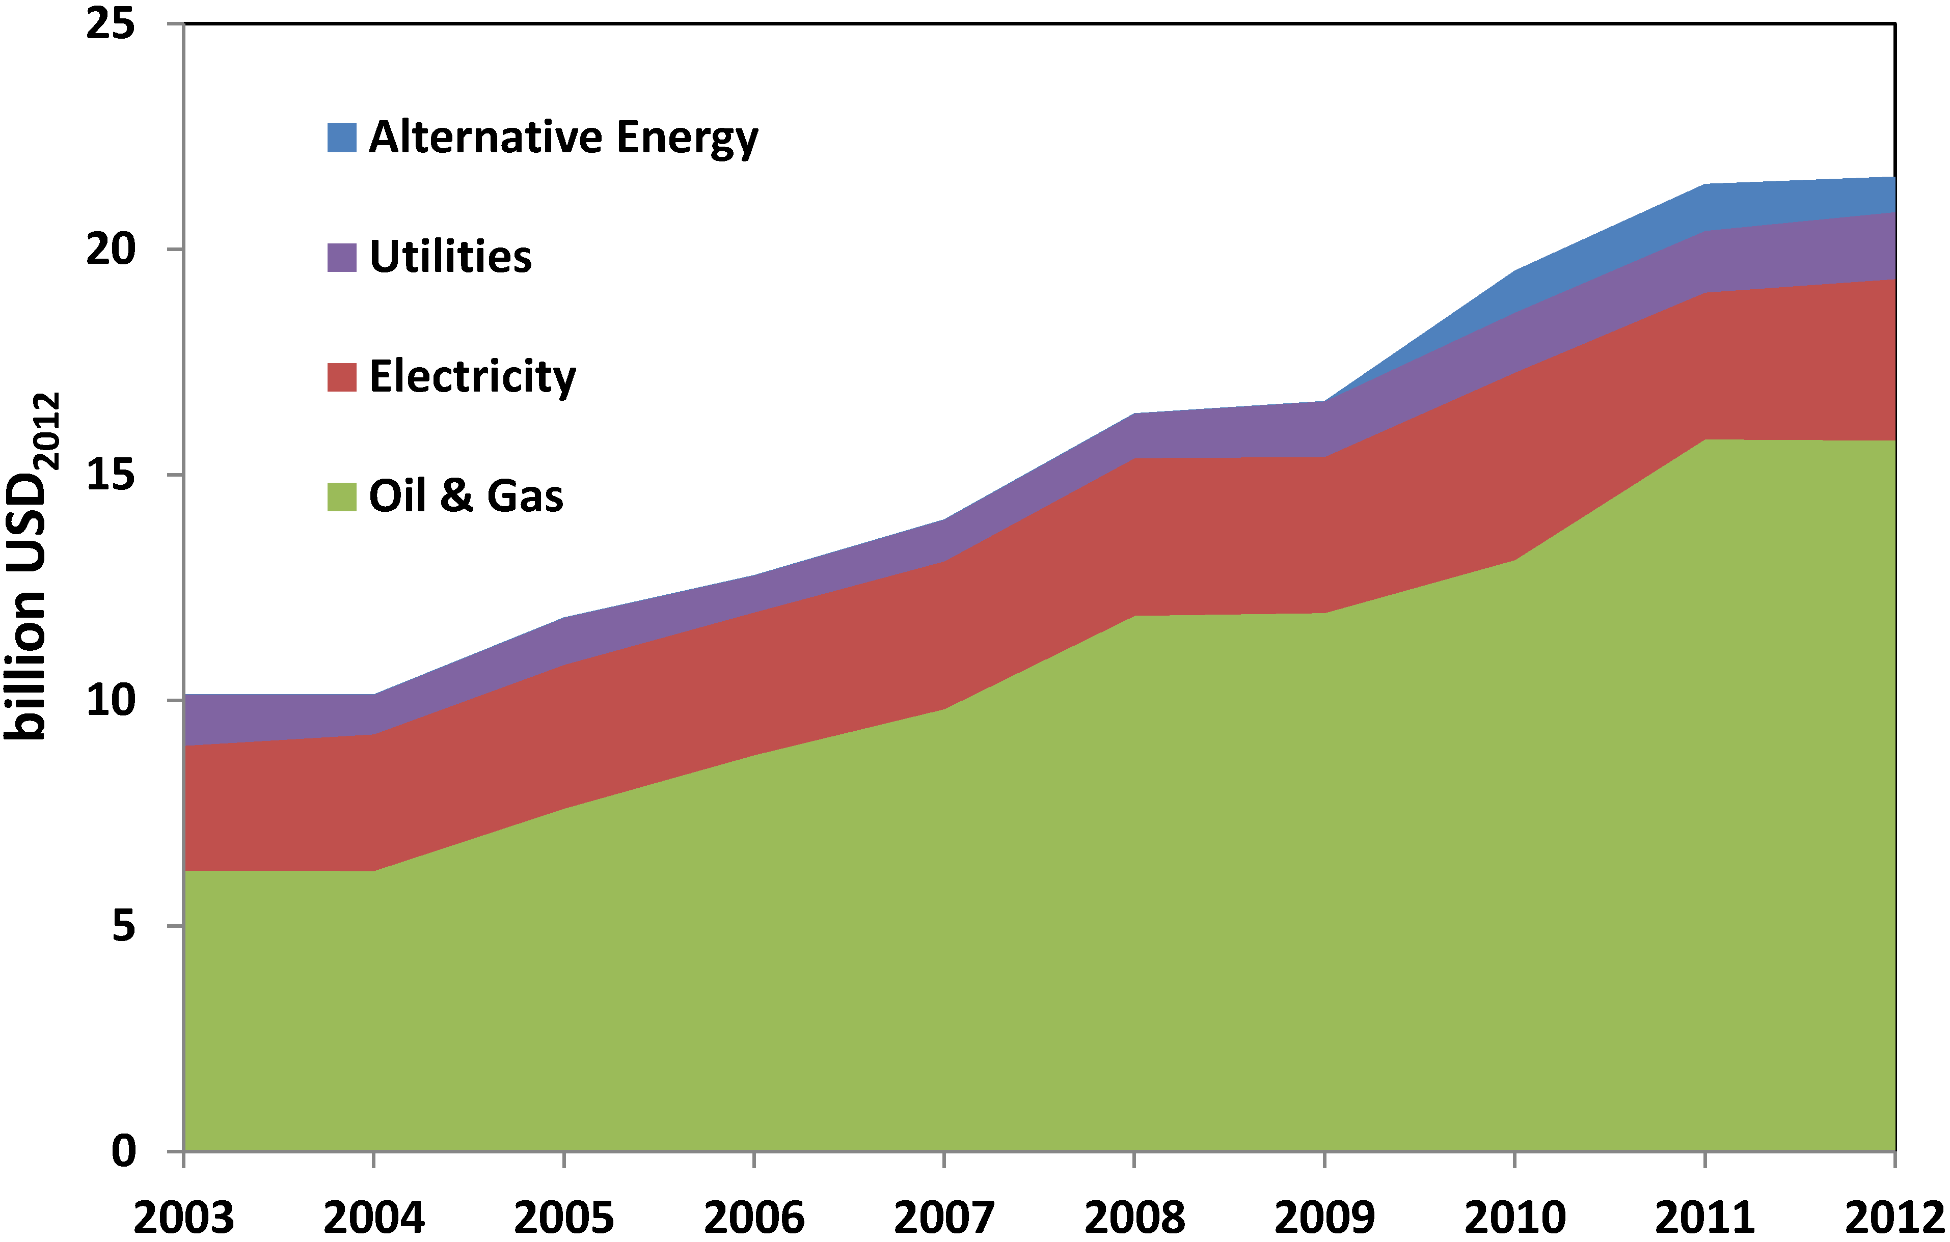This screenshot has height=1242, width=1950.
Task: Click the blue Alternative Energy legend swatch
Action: [x=342, y=137]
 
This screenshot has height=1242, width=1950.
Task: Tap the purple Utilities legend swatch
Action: [x=342, y=258]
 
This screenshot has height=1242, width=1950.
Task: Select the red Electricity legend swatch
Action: [x=342, y=377]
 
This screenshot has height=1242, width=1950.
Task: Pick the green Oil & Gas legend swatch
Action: [x=342, y=496]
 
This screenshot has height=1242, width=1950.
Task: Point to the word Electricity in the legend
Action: [x=472, y=377]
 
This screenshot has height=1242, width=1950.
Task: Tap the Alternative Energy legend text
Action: [x=563, y=137]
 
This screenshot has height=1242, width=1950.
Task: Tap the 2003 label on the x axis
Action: [x=184, y=1217]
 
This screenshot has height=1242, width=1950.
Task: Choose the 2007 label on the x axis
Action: [x=944, y=1217]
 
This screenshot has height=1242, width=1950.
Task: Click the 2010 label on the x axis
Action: [x=1514, y=1217]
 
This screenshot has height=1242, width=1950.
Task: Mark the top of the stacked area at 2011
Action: [x=1704, y=185]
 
